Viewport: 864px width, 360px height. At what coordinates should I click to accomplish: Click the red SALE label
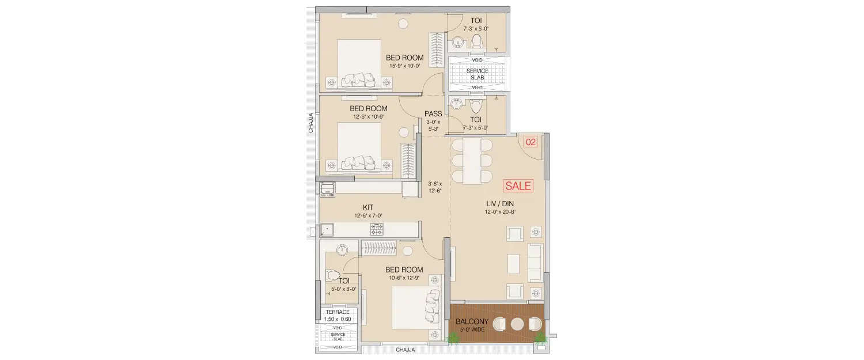pos(518,186)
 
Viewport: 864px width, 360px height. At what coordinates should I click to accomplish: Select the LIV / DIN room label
pos(499,203)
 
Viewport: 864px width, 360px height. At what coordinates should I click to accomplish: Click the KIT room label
pos(368,207)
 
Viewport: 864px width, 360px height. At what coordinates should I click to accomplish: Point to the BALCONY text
pos(472,321)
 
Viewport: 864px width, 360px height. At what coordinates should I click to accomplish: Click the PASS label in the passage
pos(433,114)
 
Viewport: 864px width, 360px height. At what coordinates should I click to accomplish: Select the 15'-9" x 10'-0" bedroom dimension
pos(406,66)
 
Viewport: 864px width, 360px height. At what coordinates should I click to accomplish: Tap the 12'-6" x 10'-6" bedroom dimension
pos(368,117)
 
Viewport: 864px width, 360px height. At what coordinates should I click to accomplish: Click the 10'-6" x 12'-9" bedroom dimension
pos(404,278)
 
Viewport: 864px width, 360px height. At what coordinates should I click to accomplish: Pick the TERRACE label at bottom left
pos(338,312)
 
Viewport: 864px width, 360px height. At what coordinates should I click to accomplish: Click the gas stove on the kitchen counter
pos(377,230)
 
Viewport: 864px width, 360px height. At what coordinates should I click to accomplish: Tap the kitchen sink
pos(327,229)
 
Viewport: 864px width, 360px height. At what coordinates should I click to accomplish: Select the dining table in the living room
pos(471,161)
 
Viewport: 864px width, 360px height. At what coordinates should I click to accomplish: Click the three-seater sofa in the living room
pos(535,262)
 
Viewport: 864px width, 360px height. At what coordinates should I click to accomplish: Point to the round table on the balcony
pos(517,324)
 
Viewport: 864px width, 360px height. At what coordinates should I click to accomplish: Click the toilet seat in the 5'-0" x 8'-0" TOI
pos(332,275)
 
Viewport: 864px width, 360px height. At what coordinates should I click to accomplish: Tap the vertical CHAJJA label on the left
pos(311,123)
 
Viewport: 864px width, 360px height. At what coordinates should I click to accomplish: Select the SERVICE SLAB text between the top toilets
pos(477,74)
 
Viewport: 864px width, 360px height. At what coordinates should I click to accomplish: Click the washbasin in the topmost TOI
pos(457,41)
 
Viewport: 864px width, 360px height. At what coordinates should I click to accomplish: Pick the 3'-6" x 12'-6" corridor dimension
pos(434,187)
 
